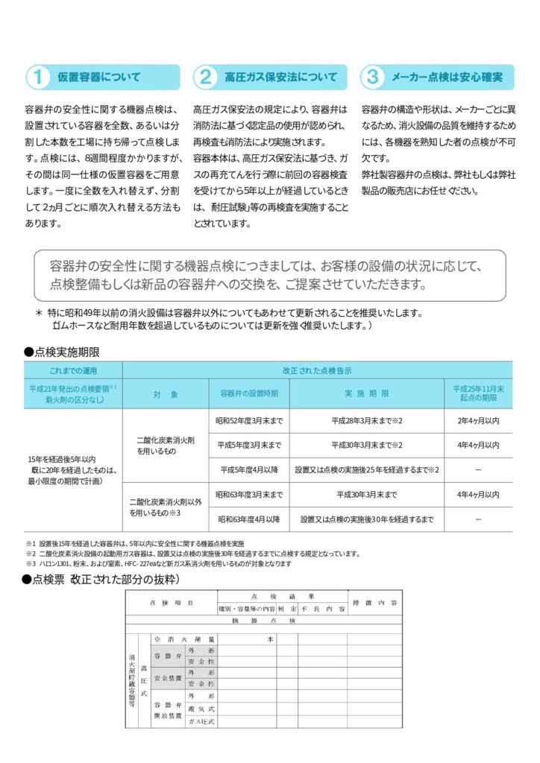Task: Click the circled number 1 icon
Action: [37, 77]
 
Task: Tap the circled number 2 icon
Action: [205, 77]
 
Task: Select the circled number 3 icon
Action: [373, 77]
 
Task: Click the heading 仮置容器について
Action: [99, 77]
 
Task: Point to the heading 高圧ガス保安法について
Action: [280, 77]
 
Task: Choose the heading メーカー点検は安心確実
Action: [447, 77]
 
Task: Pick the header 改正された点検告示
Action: [317, 370]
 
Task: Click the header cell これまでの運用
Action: [73, 370]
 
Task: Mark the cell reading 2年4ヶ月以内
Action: [477, 421]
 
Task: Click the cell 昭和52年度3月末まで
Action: [249, 421]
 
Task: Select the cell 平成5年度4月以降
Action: [249, 469]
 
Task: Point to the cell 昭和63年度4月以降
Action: [249, 519]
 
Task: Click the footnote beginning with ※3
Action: [157, 564]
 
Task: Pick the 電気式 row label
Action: [201, 710]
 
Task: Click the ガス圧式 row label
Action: [201, 722]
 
